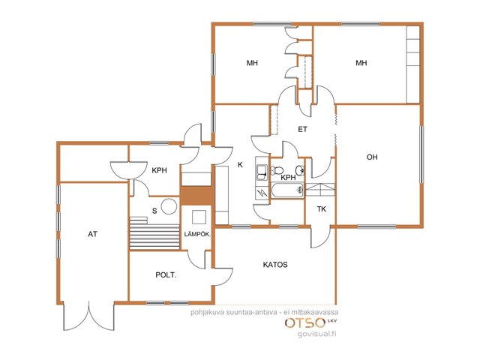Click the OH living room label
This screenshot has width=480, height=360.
pyautogui.click(x=372, y=157)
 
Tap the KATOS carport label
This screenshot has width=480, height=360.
pyautogui.click(x=275, y=265)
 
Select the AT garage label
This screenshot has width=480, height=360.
pyautogui.click(x=92, y=234)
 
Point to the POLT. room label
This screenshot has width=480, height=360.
pyautogui.click(x=166, y=275)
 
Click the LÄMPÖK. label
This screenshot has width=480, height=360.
pyautogui.click(x=197, y=234)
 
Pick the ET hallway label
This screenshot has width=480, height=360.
pyautogui.click(x=302, y=130)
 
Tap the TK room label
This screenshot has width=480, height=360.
pyautogui.click(x=322, y=209)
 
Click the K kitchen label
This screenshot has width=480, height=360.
pyautogui.click(x=240, y=165)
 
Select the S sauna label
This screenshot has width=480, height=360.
pyautogui.click(x=154, y=211)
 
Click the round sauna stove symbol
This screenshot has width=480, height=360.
pyautogui.click(x=169, y=206)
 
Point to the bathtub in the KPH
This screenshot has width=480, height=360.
pyautogui.click(x=287, y=190)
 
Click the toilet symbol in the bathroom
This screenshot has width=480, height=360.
pyautogui.click(x=277, y=170)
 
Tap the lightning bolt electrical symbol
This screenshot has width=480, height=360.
pyautogui.click(x=262, y=193)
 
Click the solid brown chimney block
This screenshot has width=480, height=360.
pyautogui.click(x=197, y=196)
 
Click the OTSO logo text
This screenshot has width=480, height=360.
pyautogui.click(x=305, y=322)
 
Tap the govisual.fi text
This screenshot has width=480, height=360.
pyautogui.click(x=316, y=334)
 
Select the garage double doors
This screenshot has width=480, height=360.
pyautogui.click(x=89, y=316)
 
